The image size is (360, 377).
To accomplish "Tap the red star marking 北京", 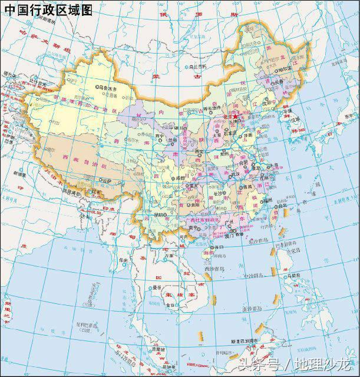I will pos(236,117).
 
